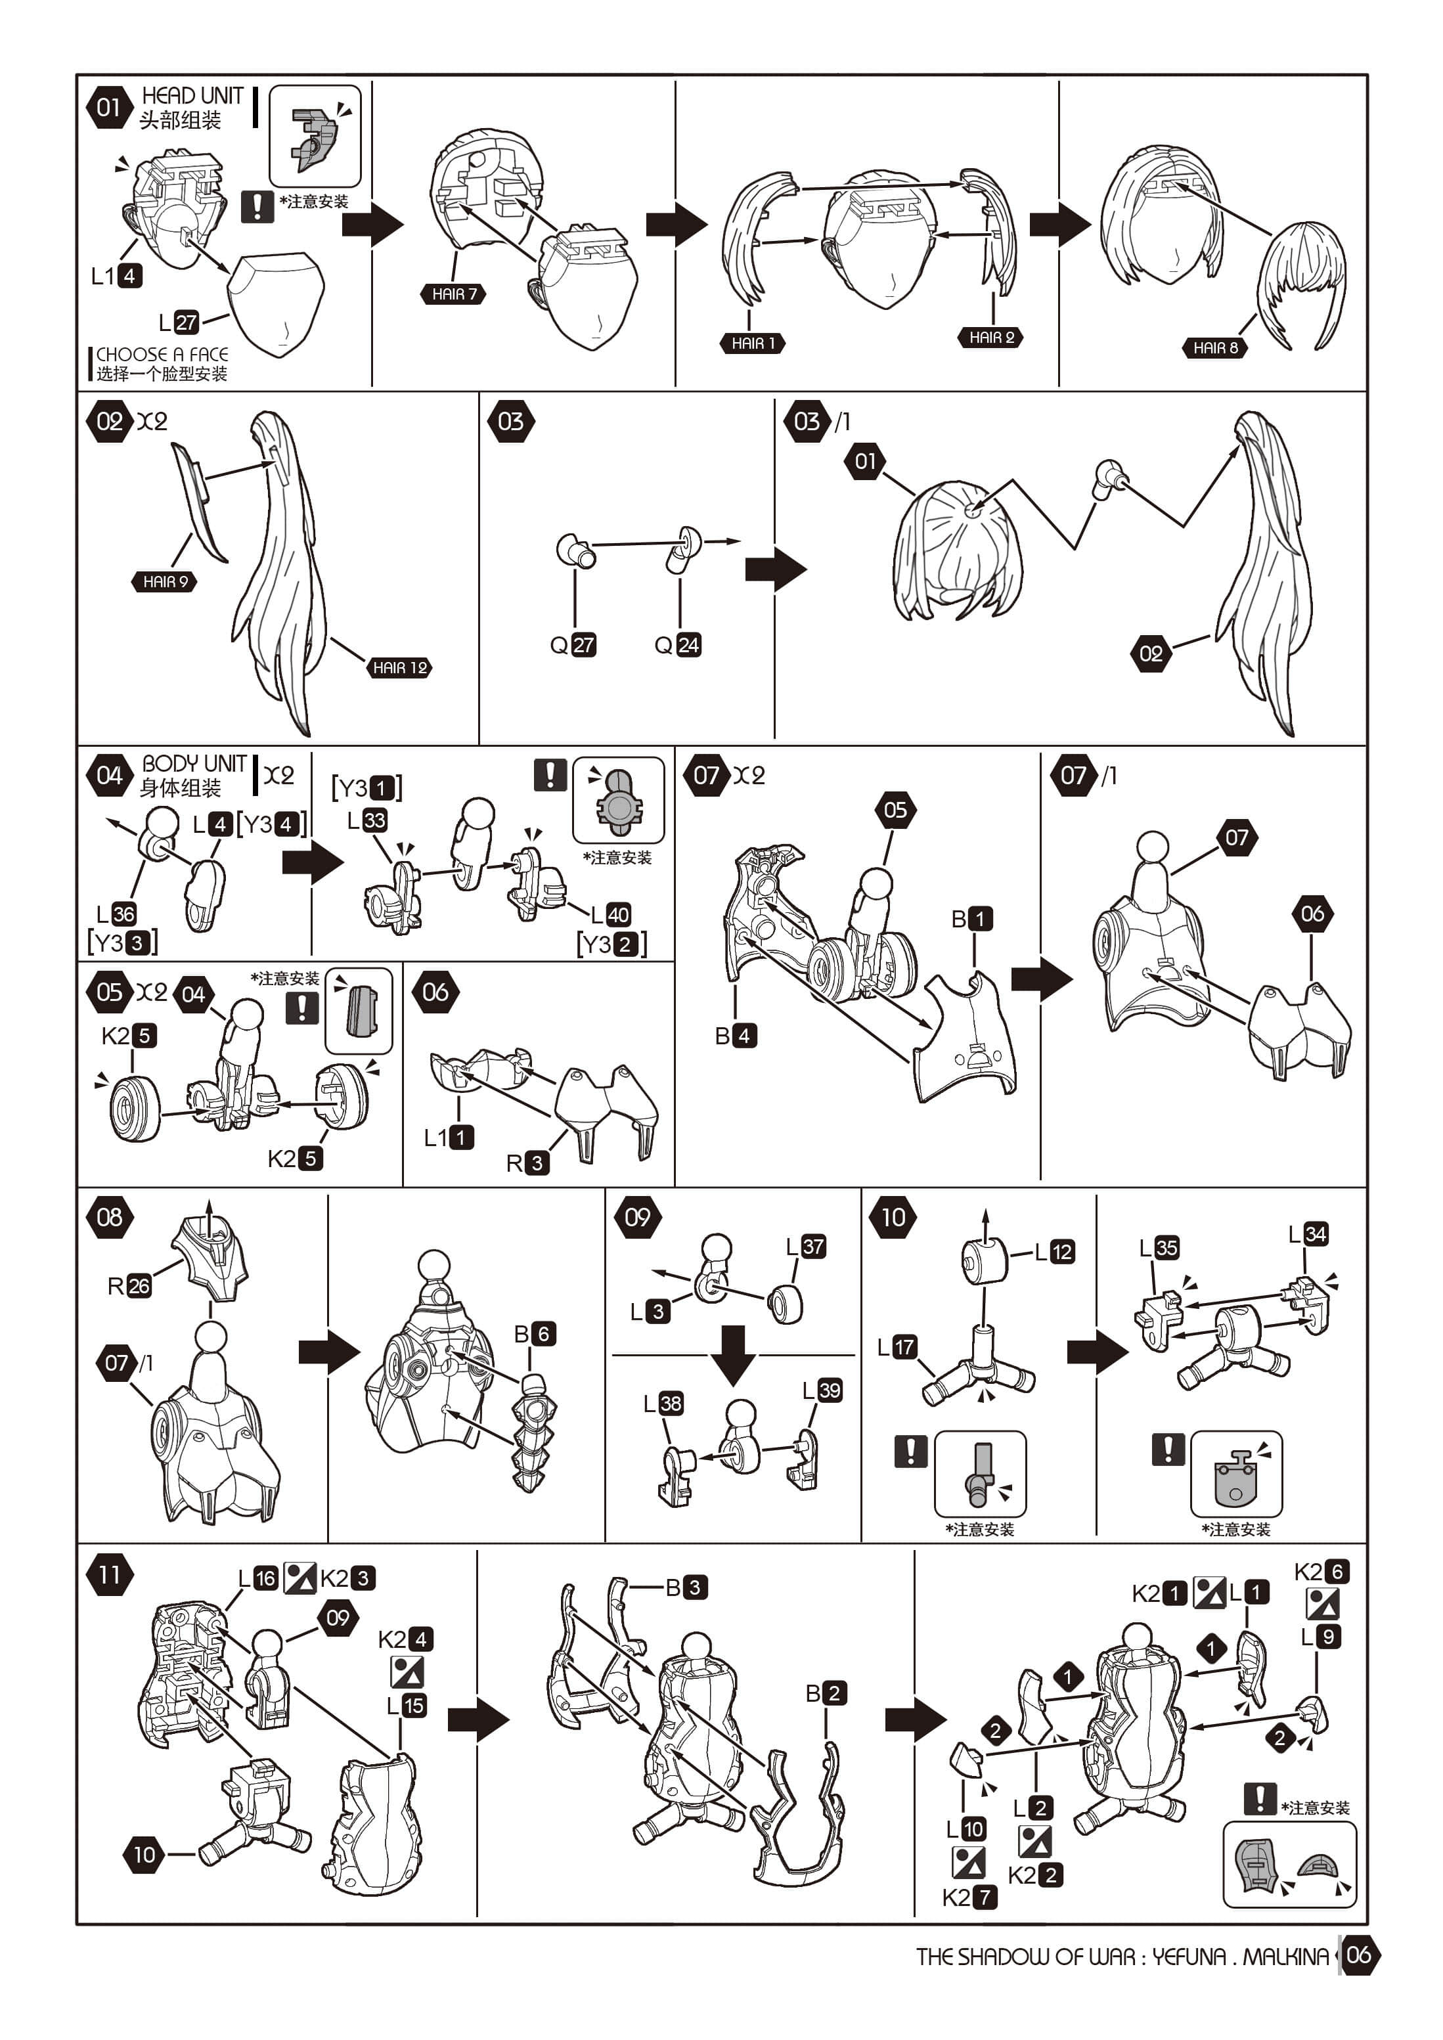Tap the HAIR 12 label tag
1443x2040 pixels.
coord(400,667)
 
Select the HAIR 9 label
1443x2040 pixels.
coord(166,581)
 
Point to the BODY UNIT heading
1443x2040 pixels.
coord(194,763)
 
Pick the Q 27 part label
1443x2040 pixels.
coord(573,645)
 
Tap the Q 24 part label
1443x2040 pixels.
coord(678,645)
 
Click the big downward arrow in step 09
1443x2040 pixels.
coord(733,1355)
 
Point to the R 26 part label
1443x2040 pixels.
coord(129,1285)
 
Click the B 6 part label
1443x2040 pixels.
coord(535,1334)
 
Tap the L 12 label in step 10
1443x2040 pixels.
coord(1055,1252)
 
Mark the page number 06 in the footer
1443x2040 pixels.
coord(1358,1954)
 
